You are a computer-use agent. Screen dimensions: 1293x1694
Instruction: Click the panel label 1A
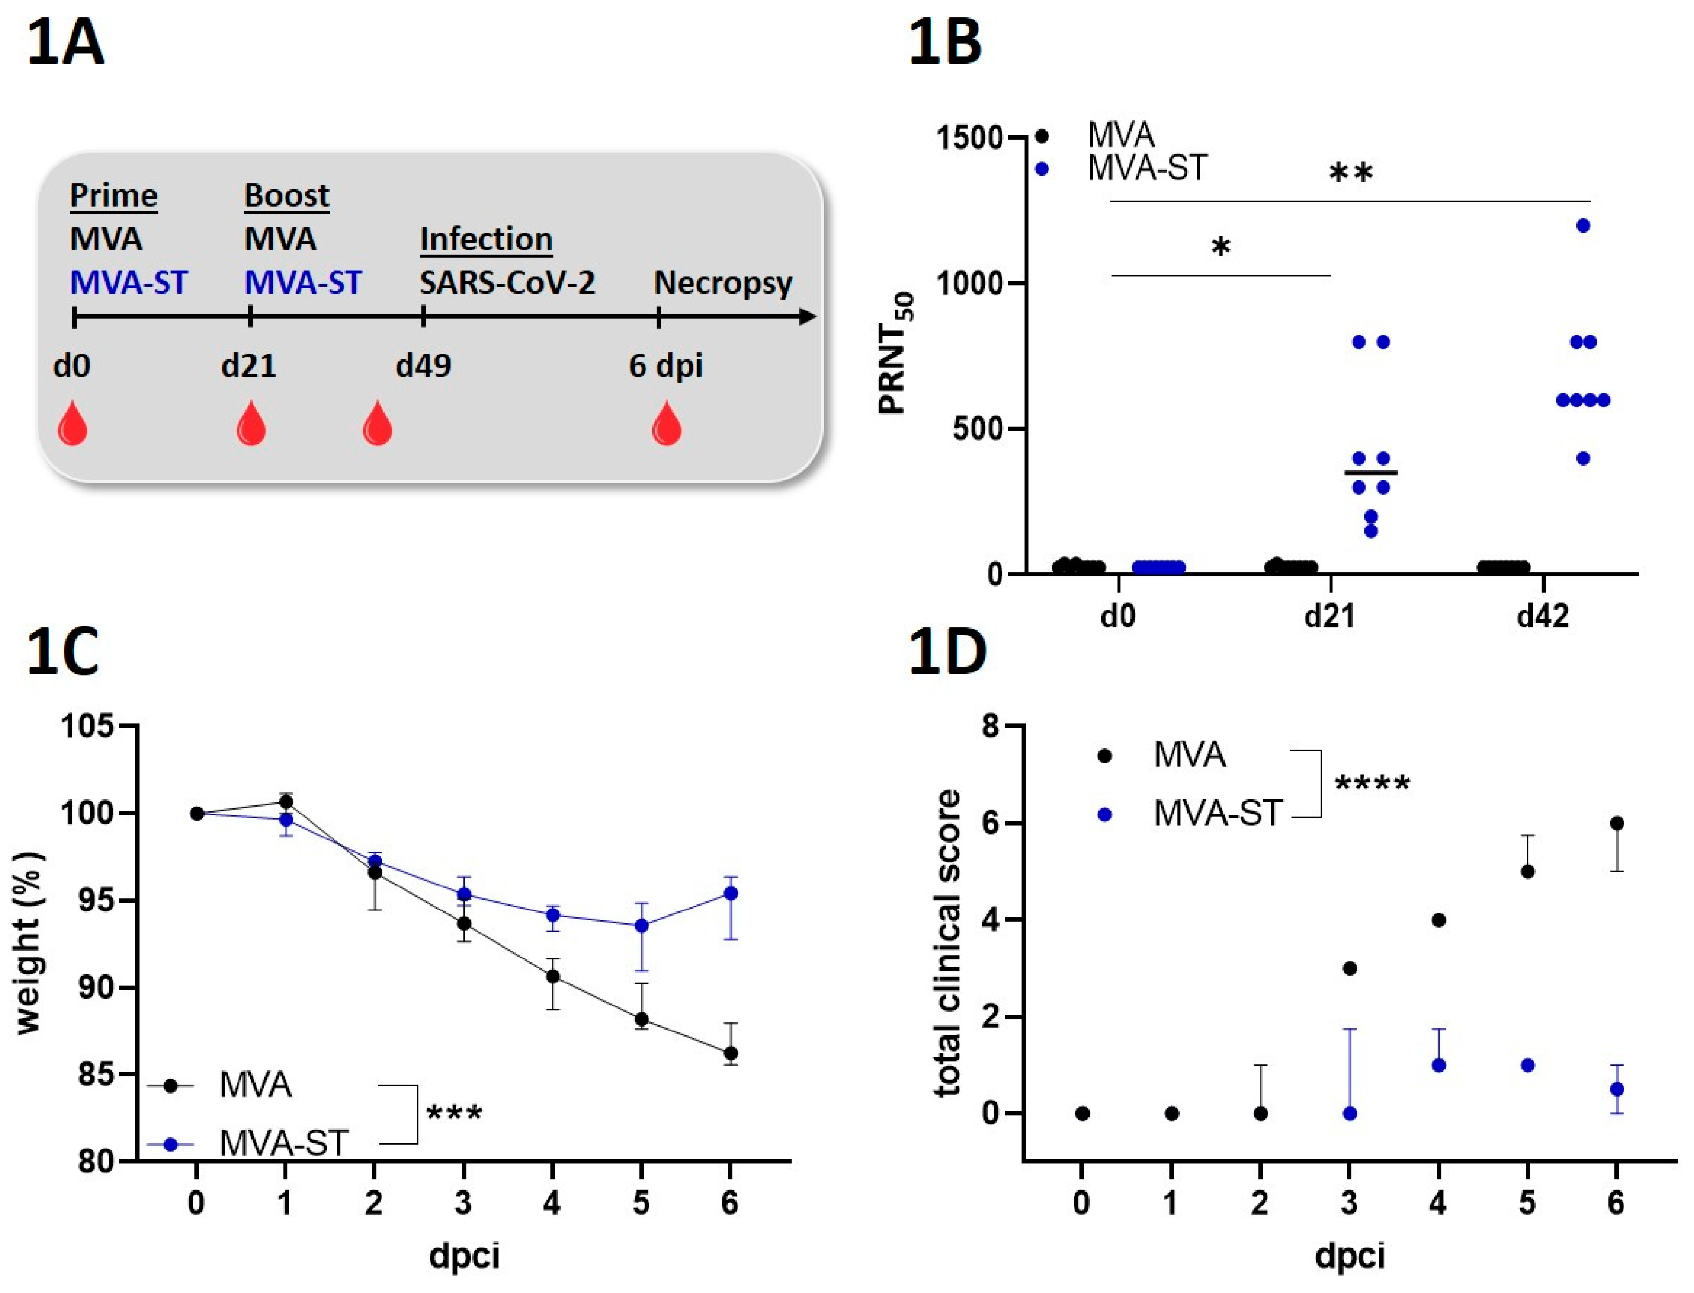[66, 45]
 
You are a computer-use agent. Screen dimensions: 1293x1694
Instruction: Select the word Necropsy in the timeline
[723, 283]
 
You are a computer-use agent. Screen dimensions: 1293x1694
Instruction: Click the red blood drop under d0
[72, 424]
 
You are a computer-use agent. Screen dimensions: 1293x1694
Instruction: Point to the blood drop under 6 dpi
[667, 424]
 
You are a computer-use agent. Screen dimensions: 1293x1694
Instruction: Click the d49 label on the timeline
[423, 365]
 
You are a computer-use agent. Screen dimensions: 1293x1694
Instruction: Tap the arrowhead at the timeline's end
[808, 316]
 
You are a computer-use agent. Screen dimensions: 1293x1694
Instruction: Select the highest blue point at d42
[1583, 225]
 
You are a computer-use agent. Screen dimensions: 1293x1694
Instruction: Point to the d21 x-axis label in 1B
[1329, 617]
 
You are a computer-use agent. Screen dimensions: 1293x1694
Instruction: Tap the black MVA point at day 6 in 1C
[730, 1053]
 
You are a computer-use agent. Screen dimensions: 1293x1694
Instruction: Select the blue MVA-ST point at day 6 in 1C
[730, 893]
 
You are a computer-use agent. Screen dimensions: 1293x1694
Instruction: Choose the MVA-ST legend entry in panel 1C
[283, 1144]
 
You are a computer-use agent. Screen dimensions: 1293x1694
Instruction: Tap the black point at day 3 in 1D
[1349, 968]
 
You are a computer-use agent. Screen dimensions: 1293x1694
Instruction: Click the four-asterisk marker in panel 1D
[1372, 784]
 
